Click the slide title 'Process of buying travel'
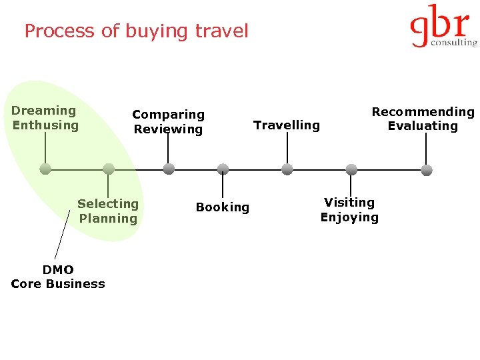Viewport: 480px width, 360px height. (136, 31)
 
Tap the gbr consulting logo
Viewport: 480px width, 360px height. (443, 27)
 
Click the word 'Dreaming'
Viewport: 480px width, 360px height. (44, 111)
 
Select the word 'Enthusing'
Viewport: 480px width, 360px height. (45, 125)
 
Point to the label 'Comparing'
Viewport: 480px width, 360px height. (168, 115)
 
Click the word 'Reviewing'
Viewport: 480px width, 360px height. (168, 129)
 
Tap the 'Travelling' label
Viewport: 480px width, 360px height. (287, 125)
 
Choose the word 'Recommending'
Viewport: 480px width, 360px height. (423, 111)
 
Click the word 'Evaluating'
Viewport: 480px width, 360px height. (423, 126)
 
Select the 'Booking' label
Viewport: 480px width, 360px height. (223, 207)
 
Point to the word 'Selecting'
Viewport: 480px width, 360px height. (108, 204)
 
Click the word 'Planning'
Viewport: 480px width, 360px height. (108, 219)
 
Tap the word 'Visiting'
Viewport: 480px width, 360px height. (349, 202)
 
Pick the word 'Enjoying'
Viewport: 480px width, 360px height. (349, 217)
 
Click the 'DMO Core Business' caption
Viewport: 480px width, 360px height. (58, 277)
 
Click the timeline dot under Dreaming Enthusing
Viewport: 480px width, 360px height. (45, 169)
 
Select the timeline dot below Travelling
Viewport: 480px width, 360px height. (287, 169)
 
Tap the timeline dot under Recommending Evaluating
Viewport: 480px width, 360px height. (427, 169)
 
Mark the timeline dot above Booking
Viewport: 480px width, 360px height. (223, 169)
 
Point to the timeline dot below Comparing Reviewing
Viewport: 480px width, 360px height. (169, 169)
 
